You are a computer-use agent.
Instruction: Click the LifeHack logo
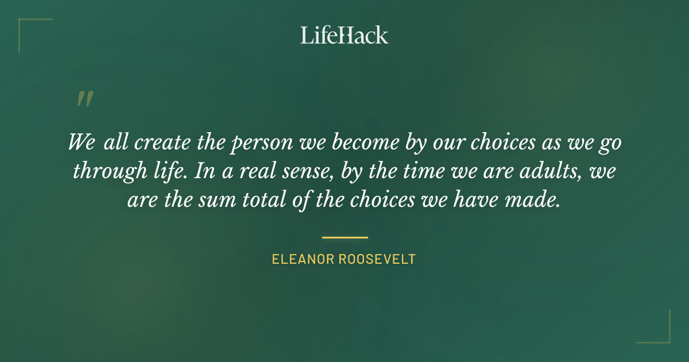click(344, 35)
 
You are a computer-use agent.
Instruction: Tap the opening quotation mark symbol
click(84, 99)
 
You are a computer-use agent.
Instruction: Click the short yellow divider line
click(344, 237)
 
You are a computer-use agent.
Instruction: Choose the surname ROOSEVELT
click(377, 259)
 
